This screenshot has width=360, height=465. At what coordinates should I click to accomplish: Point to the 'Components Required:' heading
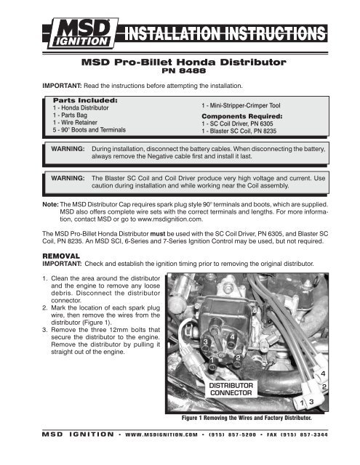pyautogui.click(x=240, y=116)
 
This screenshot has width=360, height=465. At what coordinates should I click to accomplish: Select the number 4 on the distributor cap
pyautogui.click(x=230, y=336)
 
